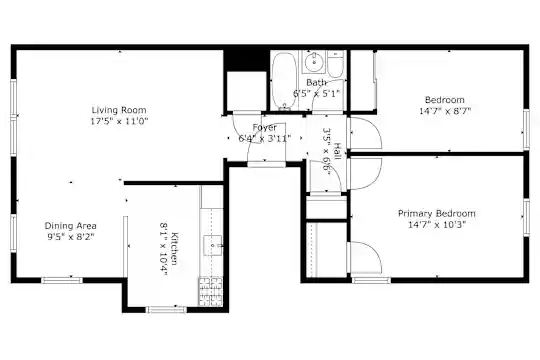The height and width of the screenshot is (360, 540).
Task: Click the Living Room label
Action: [119, 110]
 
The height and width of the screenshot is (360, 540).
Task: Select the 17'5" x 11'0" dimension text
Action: [119, 121]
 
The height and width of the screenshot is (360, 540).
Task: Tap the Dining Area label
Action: [71, 226]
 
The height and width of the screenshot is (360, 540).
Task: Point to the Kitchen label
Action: [175, 249]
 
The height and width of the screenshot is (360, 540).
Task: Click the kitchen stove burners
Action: [210, 291]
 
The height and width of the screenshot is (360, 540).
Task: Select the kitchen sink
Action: [213, 245]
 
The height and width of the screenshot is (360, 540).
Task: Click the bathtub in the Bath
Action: [284, 81]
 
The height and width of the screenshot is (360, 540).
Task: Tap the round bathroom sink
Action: [314, 62]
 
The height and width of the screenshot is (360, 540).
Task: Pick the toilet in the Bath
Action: [335, 64]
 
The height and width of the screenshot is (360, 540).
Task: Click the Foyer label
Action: [264, 127]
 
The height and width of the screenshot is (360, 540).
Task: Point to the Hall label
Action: [338, 151]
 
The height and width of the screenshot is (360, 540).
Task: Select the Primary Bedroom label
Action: [437, 213]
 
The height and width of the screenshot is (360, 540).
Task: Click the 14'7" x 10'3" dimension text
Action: [437, 225]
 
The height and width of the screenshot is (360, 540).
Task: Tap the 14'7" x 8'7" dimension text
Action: [445, 111]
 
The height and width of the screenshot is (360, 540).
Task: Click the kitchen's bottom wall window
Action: [167, 310]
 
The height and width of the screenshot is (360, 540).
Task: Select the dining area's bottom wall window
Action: [62, 280]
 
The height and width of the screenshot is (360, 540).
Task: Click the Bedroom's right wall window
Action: [526, 129]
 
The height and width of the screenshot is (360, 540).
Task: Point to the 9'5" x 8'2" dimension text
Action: [71, 237]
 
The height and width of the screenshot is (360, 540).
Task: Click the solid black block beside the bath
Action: [245, 60]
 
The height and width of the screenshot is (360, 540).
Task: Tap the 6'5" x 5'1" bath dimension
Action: [316, 93]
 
